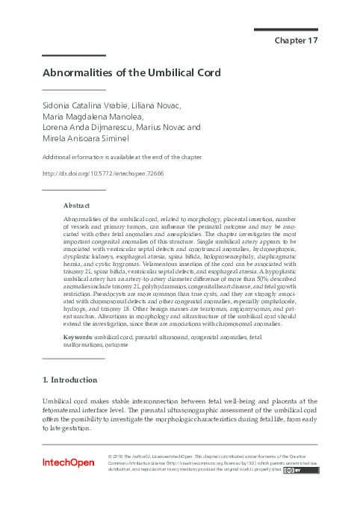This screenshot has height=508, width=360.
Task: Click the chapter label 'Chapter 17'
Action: (x=297, y=40)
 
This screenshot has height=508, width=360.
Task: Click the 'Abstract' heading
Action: (x=77, y=205)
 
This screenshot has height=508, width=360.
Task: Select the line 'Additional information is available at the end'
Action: (x=122, y=158)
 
